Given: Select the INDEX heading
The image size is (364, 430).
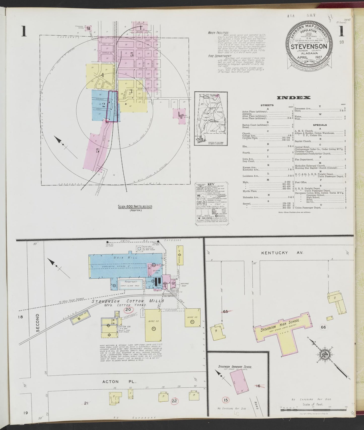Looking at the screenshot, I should tap(293, 98).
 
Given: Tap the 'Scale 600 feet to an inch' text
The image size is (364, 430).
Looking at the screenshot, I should tap(135, 206).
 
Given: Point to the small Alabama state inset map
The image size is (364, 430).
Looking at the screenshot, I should tap(209, 118).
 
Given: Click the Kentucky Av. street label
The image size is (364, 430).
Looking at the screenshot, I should tap(282, 253).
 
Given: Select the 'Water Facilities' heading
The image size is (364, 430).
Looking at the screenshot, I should tap(218, 33).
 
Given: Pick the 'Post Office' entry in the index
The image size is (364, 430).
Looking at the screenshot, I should tap(301, 182).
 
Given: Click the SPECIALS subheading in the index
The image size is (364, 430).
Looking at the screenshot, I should tap(320, 125).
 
